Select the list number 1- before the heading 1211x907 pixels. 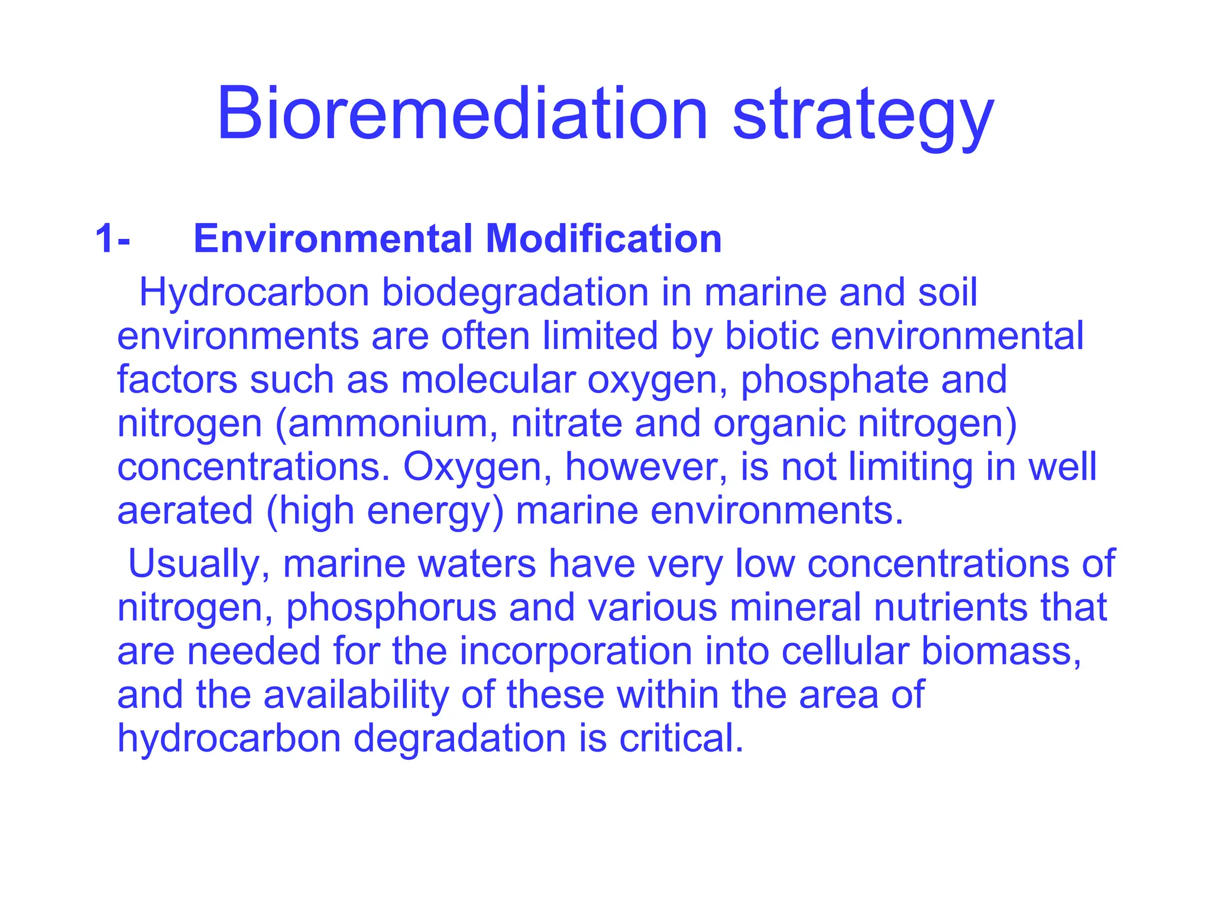tap(112, 239)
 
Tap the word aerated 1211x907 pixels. tap(184, 511)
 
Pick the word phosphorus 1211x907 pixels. tap(391, 608)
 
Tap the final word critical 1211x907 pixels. tap(681, 738)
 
